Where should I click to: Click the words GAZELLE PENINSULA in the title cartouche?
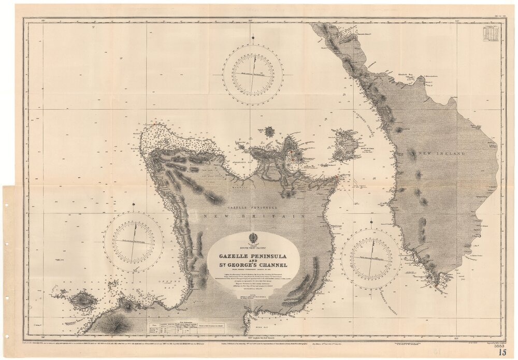(x=250, y=256)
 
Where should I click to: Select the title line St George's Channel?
(x=250, y=267)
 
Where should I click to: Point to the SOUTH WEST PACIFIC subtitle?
(x=250, y=247)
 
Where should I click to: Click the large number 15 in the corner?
(x=502, y=353)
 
